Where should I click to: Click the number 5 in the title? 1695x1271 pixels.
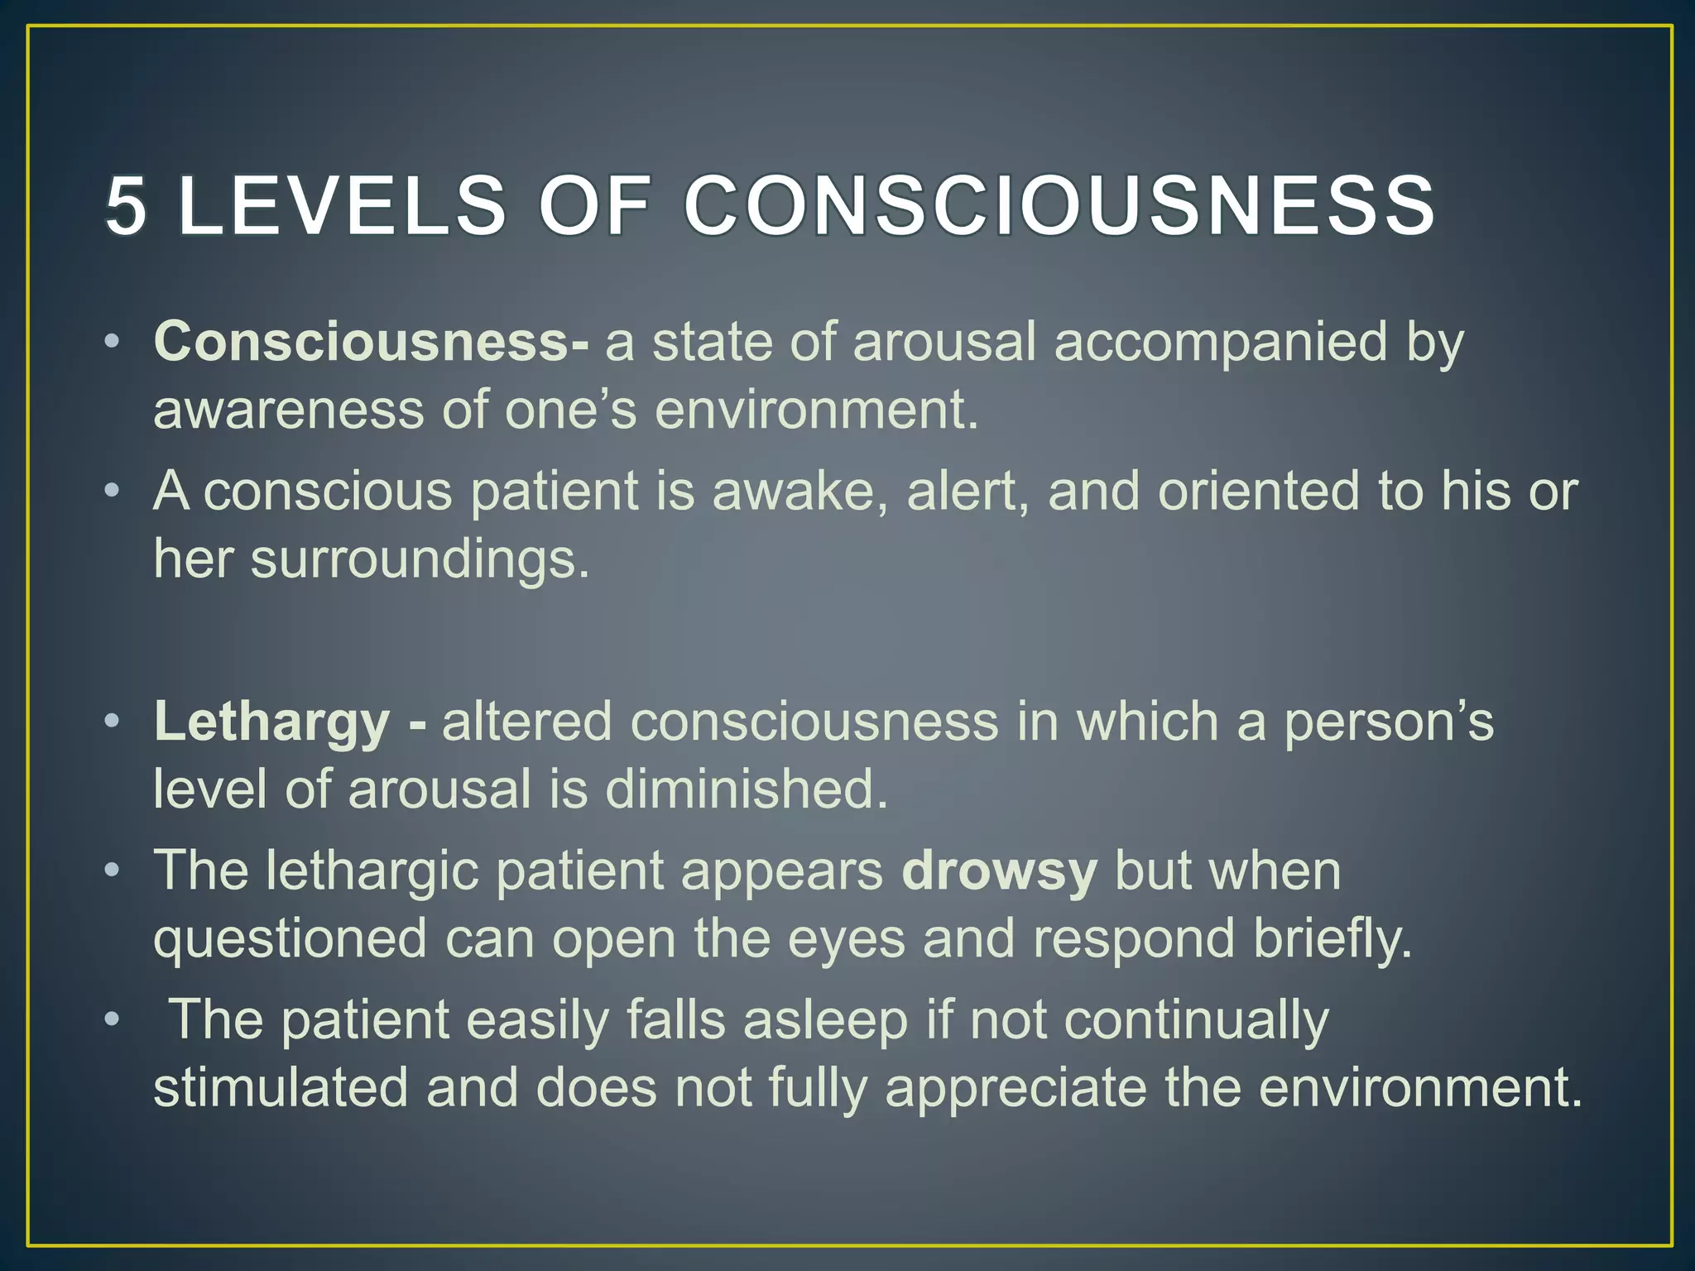126,206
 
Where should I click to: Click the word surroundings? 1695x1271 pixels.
420,560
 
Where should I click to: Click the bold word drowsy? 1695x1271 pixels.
999,872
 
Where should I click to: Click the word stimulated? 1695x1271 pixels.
281,1087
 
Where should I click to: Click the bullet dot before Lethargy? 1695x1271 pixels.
113,722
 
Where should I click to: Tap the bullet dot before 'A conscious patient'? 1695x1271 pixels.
113,491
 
